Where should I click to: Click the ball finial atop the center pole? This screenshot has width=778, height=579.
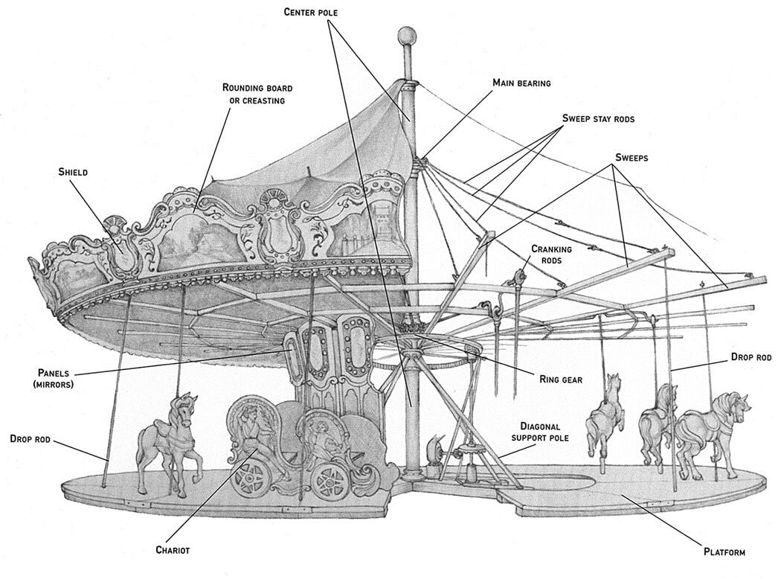click(x=406, y=36)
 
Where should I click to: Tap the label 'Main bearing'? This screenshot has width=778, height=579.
click(x=521, y=83)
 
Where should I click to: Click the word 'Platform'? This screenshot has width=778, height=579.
click(x=724, y=552)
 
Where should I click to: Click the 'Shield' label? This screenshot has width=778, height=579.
click(x=73, y=173)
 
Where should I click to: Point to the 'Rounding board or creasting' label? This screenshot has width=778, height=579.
click(x=253, y=93)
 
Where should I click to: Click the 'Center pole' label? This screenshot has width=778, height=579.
click(x=312, y=12)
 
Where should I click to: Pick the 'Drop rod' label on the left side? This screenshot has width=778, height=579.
click(x=31, y=440)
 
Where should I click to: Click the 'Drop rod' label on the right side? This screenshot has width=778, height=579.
click(x=751, y=358)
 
